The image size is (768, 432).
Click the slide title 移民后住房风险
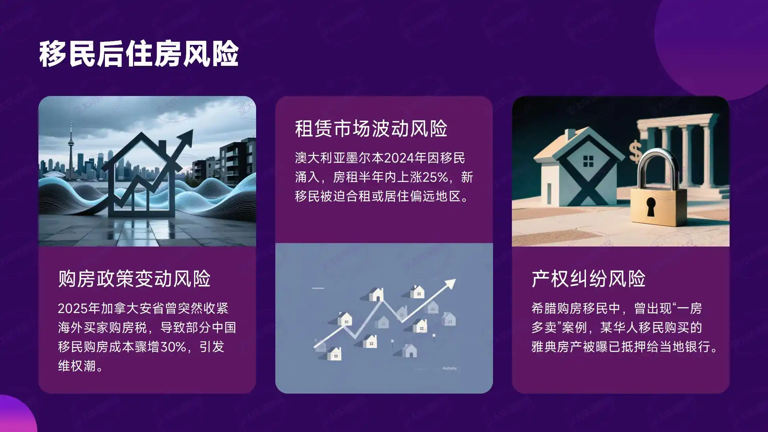(x=139, y=54)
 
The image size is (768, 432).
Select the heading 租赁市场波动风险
(x=371, y=129)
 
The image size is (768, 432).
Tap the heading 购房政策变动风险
(x=134, y=279)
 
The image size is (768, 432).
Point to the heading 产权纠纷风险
(x=588, y=279)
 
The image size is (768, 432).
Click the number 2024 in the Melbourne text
(x=399, y=158)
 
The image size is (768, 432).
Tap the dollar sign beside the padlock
(x=635, y=151)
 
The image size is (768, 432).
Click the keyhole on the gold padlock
(x=650, y=206)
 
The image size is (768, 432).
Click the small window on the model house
(x=588, y=160)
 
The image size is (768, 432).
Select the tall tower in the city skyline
(x=71, y=147)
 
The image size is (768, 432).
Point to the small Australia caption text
(x=449, y=368)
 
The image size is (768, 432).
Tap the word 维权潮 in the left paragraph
(x=77, y=366)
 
